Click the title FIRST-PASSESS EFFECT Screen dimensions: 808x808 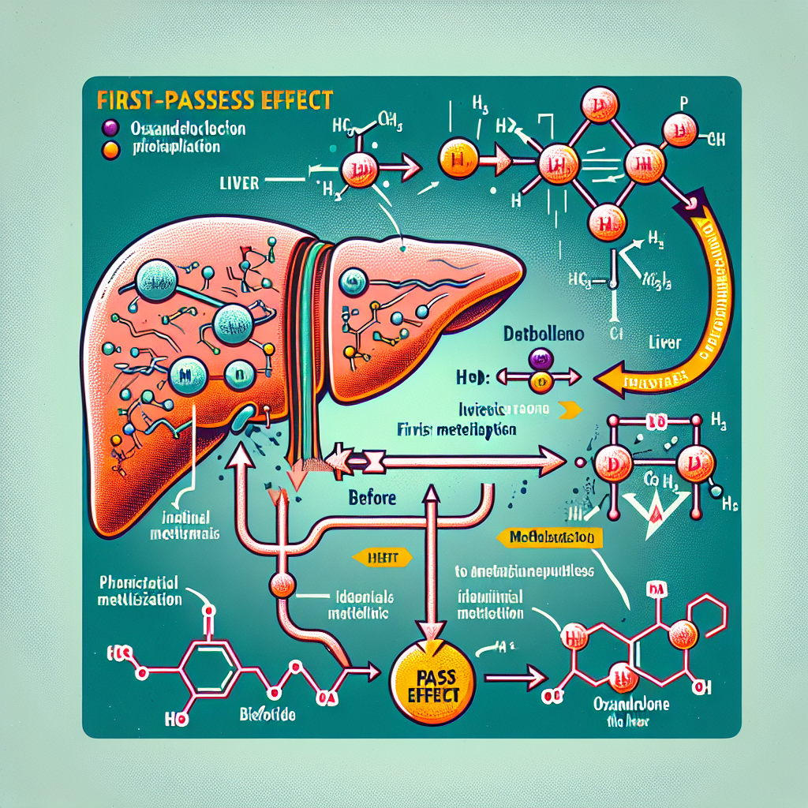pyautogui.click(x=214, y=102)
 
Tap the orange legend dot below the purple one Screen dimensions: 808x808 pyautogui.click(x=110, y=147)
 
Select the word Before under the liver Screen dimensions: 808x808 pyautogui.click(x=373, y=498)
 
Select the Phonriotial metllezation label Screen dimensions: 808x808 pyautogui.click(x=141, y=591)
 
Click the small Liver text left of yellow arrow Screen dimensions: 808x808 pyautogui.click(x=667, y=344)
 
